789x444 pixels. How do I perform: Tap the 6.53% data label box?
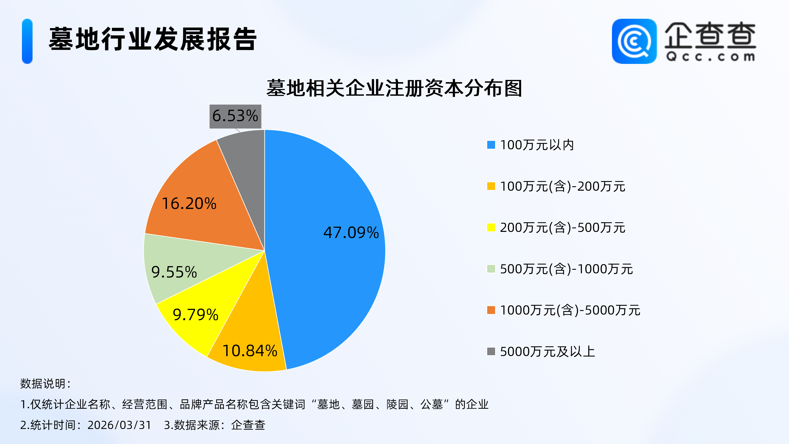[x=235, y=116]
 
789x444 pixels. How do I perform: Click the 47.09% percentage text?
[x=351, y=233]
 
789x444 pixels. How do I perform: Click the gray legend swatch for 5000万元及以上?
[x=491, y=351]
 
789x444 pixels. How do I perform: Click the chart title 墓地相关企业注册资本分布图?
[x=394, y=89]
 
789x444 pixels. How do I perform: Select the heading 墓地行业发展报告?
[x=153, y=39]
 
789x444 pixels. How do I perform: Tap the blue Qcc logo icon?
[x=634, y=41]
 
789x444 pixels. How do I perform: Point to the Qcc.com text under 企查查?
[x=710, y=57]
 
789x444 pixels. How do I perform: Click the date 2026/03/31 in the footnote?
[x=119, y=425]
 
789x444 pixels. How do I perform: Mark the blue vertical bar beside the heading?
[x=27, y=41]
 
